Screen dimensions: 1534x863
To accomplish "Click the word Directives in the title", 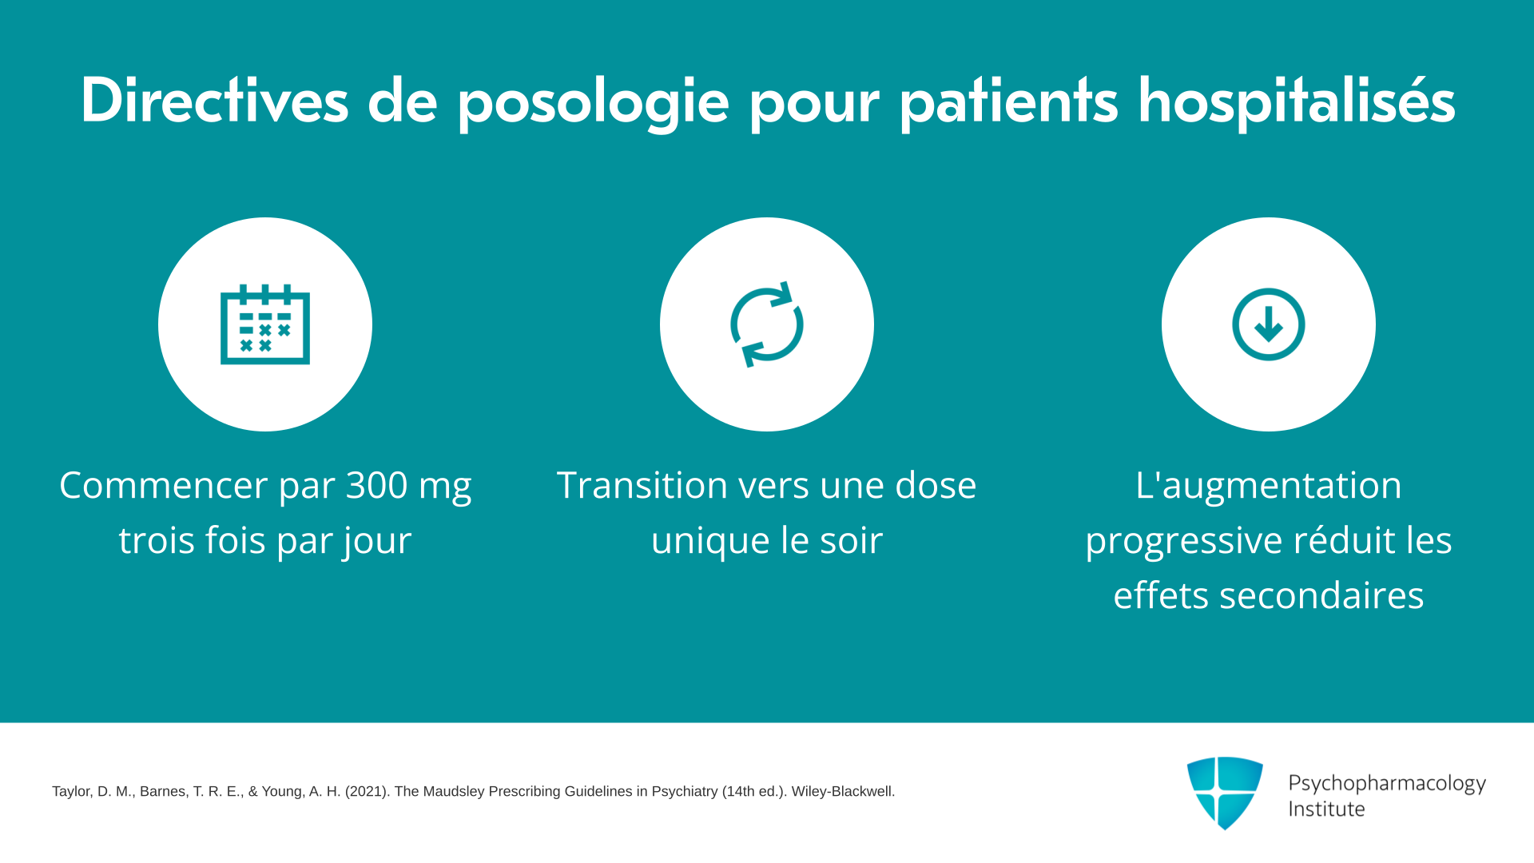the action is click(x=215, y=101).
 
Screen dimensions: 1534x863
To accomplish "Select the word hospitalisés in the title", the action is click(x=1296, y=102).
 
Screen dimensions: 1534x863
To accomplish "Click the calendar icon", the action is click(x=265, y=324).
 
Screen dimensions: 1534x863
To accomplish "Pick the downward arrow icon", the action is click(x=1269, y=324).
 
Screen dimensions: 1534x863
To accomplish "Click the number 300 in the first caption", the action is click(x=376, y=485).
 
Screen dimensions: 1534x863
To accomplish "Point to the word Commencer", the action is click(x=163, y=485).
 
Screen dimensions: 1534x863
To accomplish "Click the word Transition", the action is click(x=642, y=485).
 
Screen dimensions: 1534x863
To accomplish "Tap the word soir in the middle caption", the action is click(x=851, y=540).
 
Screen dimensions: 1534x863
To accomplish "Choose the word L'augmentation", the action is click(x=1269, y=485).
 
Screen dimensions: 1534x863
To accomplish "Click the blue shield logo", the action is click(x=1225, y=793).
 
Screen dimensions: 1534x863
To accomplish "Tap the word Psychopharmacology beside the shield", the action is click(x=1387, y=784).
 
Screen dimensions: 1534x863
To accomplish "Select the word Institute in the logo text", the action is click(x=1326, y=809).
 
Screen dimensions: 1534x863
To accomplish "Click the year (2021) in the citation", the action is click(x=367, y=791).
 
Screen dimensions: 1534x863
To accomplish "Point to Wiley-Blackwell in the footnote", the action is click(x=843, y=791).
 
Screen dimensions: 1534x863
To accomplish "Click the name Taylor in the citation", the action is click(x=71, y=791).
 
